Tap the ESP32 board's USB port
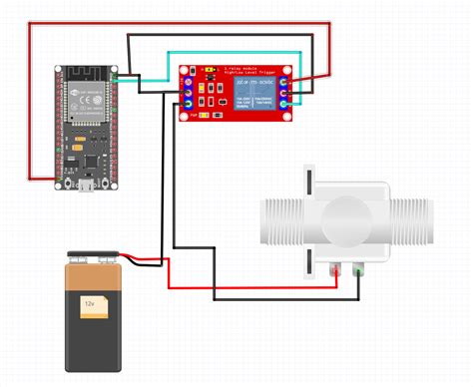89,185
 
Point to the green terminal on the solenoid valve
357,268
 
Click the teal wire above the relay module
230,53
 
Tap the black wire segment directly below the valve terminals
289,296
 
